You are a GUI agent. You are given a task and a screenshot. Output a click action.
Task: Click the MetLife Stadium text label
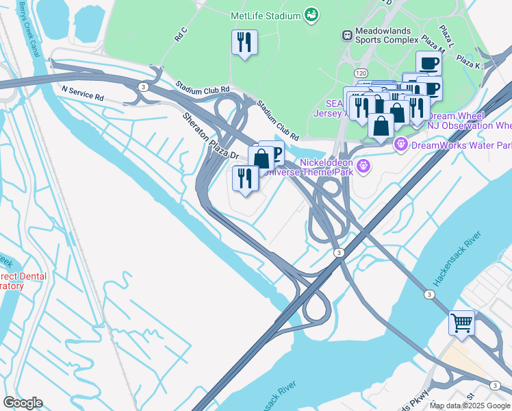(x=266, y=16)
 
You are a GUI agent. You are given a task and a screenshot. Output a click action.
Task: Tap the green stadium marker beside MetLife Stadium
(x=312, y=15)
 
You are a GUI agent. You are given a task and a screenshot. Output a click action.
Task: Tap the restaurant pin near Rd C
(x=244, y=43)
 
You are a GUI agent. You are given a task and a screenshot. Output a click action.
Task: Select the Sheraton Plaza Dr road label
(x=209, y=137)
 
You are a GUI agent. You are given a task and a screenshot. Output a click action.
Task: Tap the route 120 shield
(x=359, y=72)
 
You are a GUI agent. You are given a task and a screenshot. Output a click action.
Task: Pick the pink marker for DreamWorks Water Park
(x=400, y=145)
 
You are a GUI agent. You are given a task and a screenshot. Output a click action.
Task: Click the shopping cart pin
(x=461, y=321)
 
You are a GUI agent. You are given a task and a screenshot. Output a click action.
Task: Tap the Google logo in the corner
(x=23, y=403)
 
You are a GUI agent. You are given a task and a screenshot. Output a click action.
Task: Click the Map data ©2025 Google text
(x=470, y=406)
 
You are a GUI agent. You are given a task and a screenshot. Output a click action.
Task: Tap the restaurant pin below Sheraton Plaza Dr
(x=245, y=178)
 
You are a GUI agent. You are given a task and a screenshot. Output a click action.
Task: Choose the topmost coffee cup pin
(x=428, y=63)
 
